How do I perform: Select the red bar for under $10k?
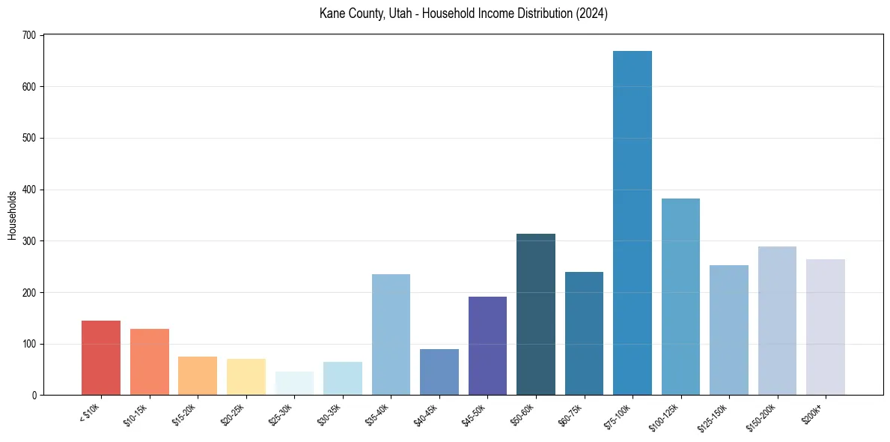[x=101, y=358]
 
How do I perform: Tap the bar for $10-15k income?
[x=150, y=362]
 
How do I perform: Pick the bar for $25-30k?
[x=294, y=384]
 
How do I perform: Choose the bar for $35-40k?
[x=391, y=335]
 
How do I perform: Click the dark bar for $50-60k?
[x=536, y=315]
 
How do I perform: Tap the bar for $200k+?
[x=826, y=327]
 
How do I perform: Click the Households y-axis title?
[x=12, y=215]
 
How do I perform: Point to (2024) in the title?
[x=592, y=13]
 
